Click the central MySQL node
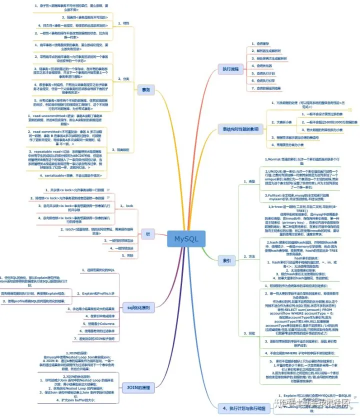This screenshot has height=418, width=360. click(x=186, y=239)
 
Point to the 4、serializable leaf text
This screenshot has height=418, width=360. click(x=71, y=175)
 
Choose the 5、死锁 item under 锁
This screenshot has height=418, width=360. click(x=128, y=255)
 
